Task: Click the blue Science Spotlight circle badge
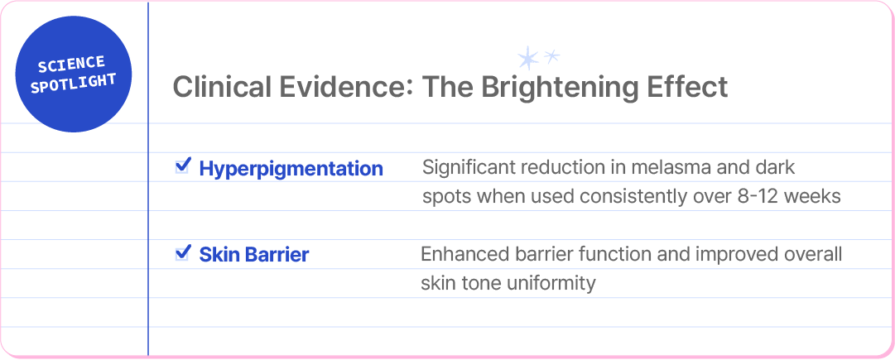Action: point(74,74)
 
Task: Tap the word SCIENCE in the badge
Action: point(71,65)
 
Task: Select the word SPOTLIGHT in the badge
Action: point(74,84)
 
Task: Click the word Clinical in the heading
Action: point(221,87)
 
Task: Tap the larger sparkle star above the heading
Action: point(528,58)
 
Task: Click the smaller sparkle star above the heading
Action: point(551,56)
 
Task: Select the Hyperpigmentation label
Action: point(291,169)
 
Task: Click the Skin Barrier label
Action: point(254,254)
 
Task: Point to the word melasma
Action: point(628,168)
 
